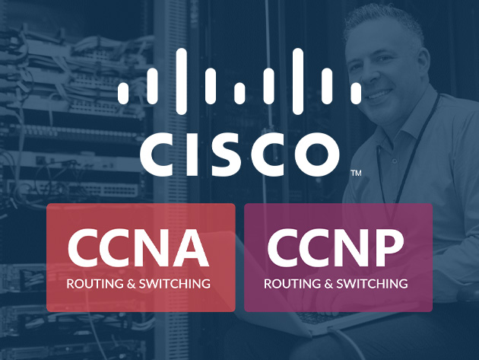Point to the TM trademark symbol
pyautogui.click(x=356, y=174)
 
